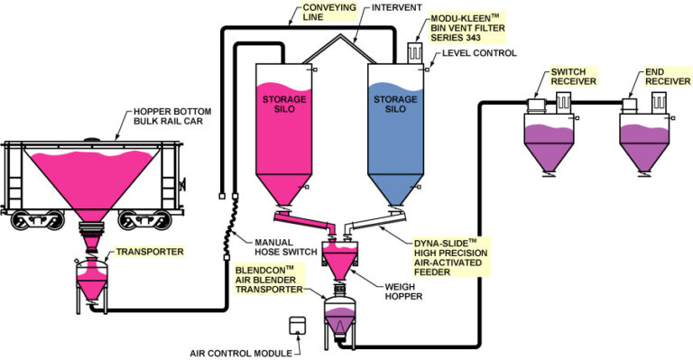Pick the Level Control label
click(479, 54)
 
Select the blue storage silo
click(394, 135)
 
